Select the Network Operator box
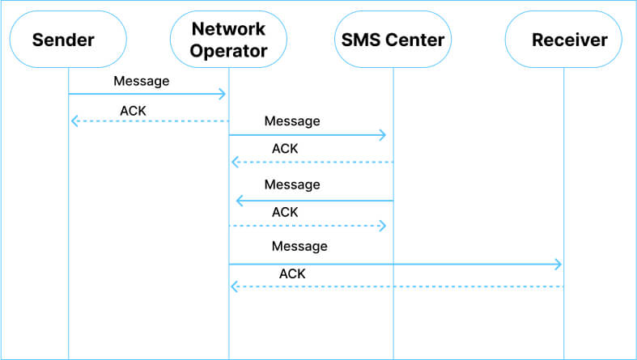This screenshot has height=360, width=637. tap(229, 40)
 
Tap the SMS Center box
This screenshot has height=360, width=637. tap(393, 40)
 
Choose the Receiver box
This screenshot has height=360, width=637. tap(564, 40)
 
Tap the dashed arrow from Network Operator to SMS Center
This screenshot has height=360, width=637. tap(308, 226)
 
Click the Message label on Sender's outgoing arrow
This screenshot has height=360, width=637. tap(142, 81)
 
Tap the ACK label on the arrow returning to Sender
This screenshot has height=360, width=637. tap(133, 110)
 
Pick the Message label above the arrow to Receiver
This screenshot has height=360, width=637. tap(299, 246)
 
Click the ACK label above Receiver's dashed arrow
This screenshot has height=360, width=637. tap(292, 273)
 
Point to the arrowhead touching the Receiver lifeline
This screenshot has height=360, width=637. tap(558, 264)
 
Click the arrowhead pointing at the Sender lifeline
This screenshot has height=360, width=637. tap(74, 121)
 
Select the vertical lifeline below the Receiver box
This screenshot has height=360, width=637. tap(564, 324)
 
